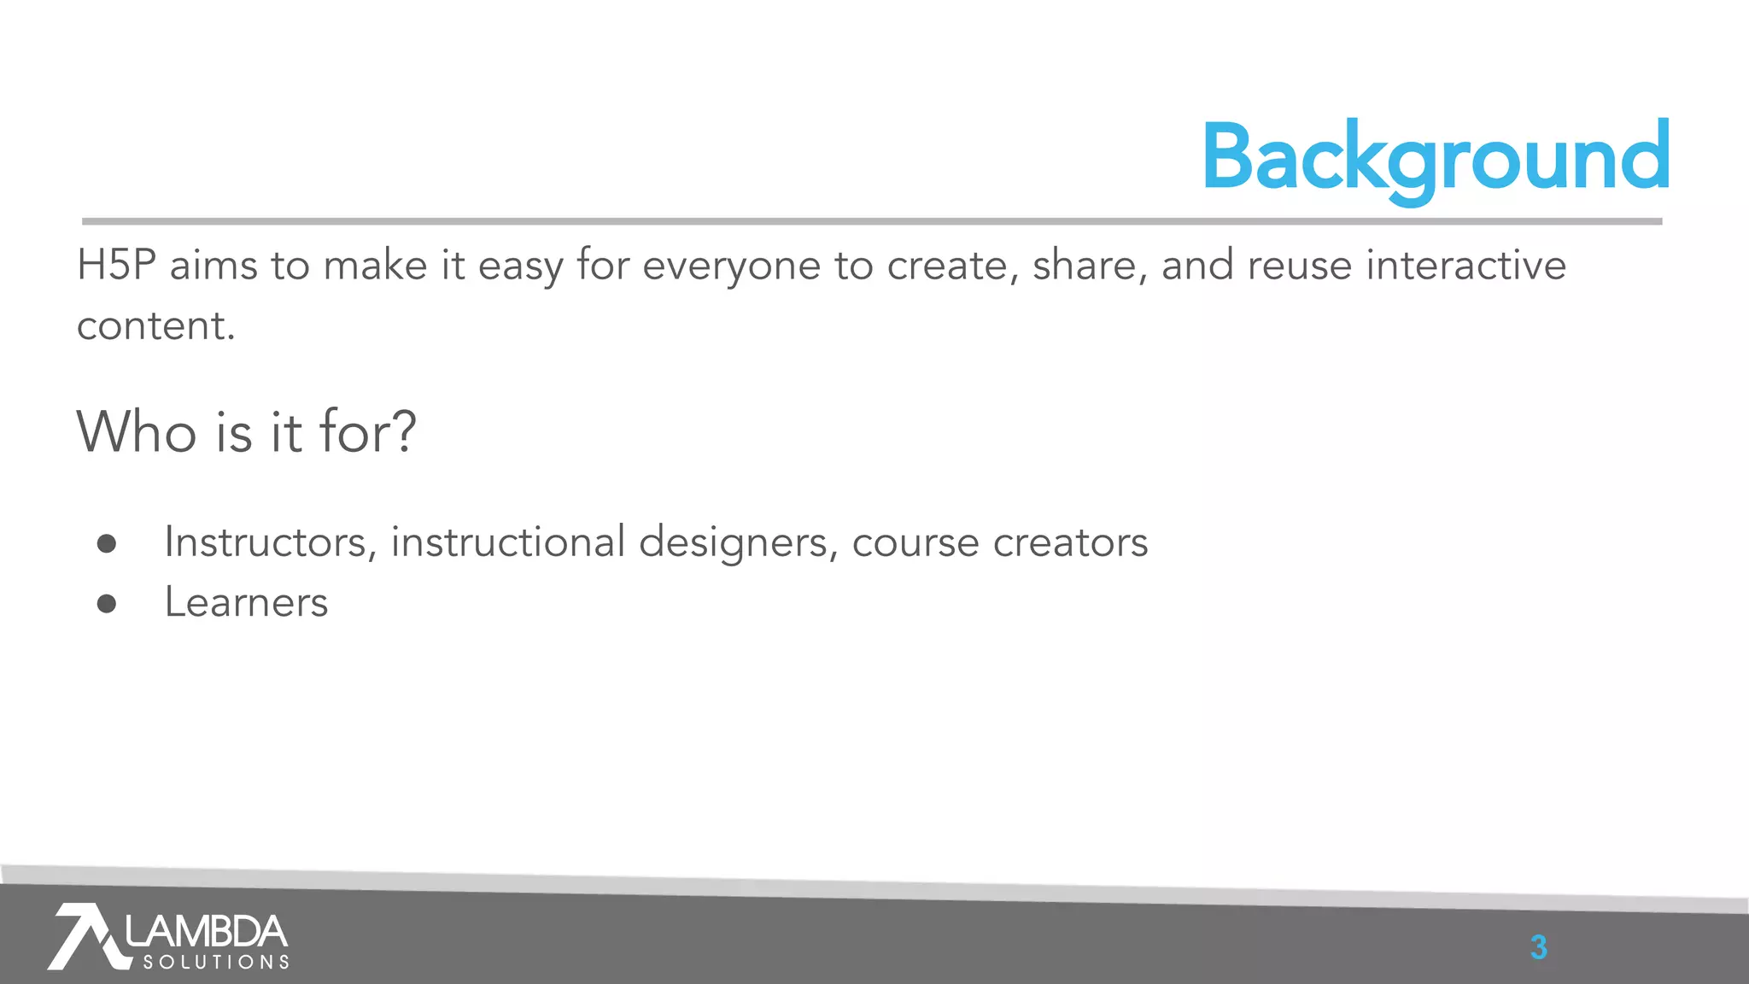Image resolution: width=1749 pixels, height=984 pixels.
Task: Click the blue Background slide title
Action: point(1435,158)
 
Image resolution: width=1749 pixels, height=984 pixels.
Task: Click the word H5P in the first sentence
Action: point(116,266)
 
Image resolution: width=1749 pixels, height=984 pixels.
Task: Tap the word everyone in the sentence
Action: point(731,266)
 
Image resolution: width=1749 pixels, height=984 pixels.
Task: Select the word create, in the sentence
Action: point(953,266)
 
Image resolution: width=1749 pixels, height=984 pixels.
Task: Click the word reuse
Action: point(1299,266)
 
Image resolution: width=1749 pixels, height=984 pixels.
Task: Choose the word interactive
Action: point(1465,266)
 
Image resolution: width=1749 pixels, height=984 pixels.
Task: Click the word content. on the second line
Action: point(155,326)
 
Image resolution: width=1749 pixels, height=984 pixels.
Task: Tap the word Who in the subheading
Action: point(137,431)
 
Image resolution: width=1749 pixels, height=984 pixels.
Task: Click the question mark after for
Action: point(402,431)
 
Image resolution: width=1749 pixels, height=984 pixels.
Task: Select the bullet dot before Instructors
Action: point(107,544)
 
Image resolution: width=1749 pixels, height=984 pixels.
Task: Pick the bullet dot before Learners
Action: point(107,604)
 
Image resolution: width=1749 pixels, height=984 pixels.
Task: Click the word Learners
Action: point(246,603)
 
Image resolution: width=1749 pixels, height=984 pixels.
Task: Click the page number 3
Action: point(1538,947)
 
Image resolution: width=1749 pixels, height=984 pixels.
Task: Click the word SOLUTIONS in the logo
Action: point(216,963)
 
